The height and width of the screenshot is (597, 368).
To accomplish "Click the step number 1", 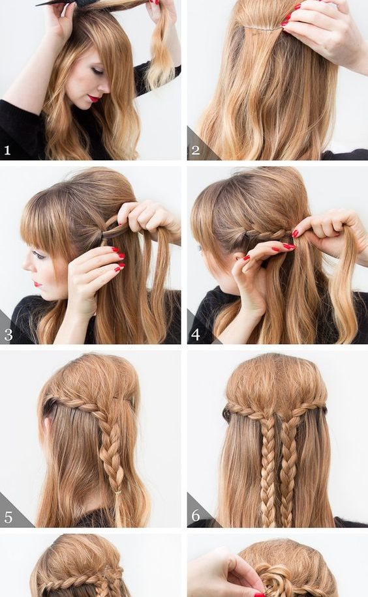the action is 7,151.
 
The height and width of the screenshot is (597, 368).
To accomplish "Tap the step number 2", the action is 196,150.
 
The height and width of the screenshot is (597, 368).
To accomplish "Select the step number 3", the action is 8,334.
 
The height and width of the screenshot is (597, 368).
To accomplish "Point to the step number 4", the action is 196,334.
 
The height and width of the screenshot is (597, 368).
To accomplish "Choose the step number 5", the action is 8,517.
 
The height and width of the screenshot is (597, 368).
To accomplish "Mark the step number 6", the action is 196,516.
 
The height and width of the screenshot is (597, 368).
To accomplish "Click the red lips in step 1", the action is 93,98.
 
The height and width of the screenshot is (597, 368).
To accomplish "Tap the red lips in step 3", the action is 37,284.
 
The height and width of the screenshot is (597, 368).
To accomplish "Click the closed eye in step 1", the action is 97,70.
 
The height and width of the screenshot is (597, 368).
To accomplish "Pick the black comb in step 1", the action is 65,3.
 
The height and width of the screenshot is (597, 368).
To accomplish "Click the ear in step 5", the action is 48,424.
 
